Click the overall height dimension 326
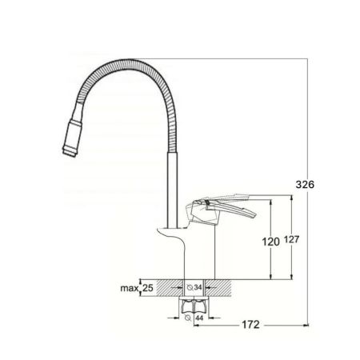pyautogui.click(x=305, y=184)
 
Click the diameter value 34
pyautogui.click(x=198, y=288)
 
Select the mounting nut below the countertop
pyautogui.click(x=192, y=305)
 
